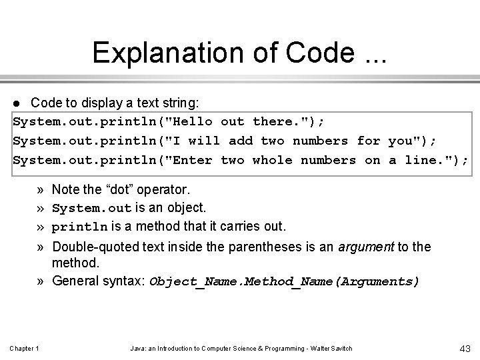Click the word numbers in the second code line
coord(320,141)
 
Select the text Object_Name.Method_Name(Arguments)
coord(285,281)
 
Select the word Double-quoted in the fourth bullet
coord(92,247)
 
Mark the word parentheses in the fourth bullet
coord(260,247)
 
